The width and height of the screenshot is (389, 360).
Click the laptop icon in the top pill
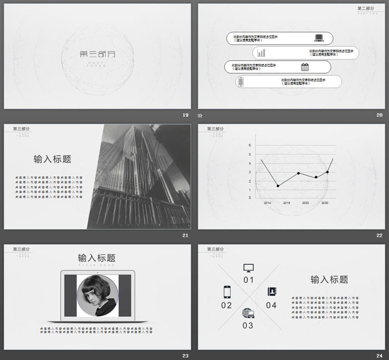tap(319, 38)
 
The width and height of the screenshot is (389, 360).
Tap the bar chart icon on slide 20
tap(261, 53)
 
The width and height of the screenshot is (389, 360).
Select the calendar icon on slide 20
tap(305, 67)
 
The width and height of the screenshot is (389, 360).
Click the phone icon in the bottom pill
tap(241, 82)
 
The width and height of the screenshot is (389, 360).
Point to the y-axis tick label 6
tap(250, 146)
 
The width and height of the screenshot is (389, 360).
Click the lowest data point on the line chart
tap(278, 185)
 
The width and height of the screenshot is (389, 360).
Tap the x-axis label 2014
tap(267, 203)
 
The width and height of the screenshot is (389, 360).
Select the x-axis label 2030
tap(325, 203)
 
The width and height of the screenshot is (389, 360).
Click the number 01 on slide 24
tap(248, 280)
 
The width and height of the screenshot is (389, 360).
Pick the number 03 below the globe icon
tap(248, 325)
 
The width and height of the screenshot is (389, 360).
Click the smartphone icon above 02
tap(227, 292)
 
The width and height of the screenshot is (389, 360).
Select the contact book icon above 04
tap(271, 292)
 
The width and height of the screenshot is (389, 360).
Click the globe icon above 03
tap(248, 313)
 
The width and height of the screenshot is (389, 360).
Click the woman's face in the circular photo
tap(98, 293)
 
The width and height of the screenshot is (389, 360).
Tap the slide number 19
tap(186, 115)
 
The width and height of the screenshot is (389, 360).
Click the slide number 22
tap(380, 235)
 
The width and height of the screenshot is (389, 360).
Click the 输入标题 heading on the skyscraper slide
tap(52, 159)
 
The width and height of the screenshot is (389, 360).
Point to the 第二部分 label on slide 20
tap(366, 8)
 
